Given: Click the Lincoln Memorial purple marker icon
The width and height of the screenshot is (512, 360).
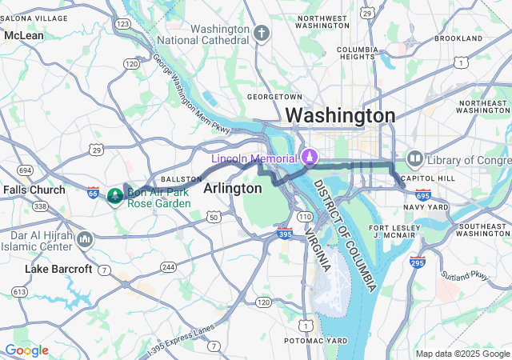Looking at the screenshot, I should [307, 158].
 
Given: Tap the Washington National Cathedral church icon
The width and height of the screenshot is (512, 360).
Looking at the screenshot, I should [262, 34].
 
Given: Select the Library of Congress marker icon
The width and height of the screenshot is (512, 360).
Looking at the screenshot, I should [414, 159].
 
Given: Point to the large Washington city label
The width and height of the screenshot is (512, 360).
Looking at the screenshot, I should [340, 115].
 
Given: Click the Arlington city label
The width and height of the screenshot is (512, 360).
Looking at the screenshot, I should [233, 188].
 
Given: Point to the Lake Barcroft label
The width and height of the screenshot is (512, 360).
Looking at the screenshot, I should [58, 269].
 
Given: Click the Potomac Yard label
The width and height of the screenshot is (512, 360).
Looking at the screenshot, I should [317, 341].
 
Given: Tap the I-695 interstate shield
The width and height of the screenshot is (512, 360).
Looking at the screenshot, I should [423, 194].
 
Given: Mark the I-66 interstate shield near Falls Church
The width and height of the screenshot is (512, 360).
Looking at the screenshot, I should [93, 193].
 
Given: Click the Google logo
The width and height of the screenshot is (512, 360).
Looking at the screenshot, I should [26, 350].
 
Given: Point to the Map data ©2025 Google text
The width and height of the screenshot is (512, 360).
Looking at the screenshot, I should [462, 354].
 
